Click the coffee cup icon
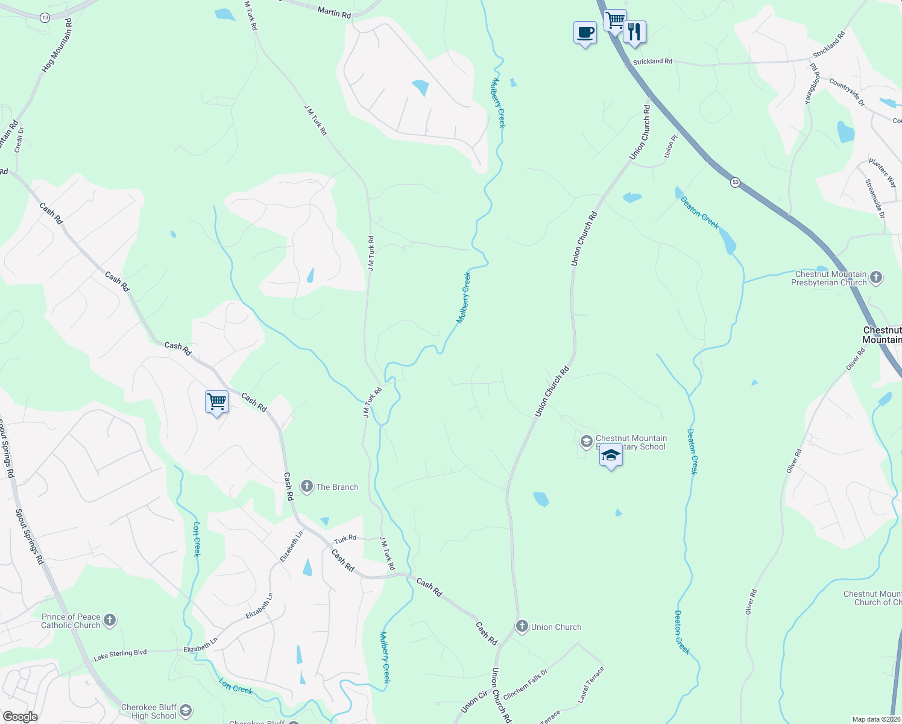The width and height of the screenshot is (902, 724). [585, 33]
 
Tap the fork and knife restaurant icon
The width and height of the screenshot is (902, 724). [634, 31]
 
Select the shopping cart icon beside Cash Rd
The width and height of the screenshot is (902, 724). [216, 401]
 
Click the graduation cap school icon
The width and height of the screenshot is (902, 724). [611, 456]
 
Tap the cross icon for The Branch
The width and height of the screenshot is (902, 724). [307, 486]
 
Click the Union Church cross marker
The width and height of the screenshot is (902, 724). [522, 626]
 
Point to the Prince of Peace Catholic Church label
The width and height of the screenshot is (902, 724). [71, 621]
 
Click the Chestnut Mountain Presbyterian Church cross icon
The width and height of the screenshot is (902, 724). [876, 278]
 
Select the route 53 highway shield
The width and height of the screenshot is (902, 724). [735, 182]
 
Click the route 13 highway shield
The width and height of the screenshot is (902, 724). [45, 17]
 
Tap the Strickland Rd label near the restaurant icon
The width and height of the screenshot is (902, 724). [652, 62]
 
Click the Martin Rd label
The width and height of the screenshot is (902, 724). [334, 11]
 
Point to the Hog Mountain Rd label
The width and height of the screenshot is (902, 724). [57, 46]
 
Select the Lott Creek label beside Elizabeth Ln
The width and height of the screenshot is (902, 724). [197, 539]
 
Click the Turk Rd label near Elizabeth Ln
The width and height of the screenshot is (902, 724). [345, 538]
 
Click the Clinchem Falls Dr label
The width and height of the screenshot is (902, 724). [525, 684]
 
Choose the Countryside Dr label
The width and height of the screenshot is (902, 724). [847, 92]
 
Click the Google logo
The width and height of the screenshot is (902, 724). [20, 716]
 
